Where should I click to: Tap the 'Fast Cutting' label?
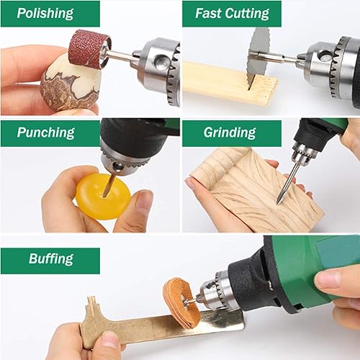(232, 14)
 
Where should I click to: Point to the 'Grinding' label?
(230, 132)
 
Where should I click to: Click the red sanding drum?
(89, 49)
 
